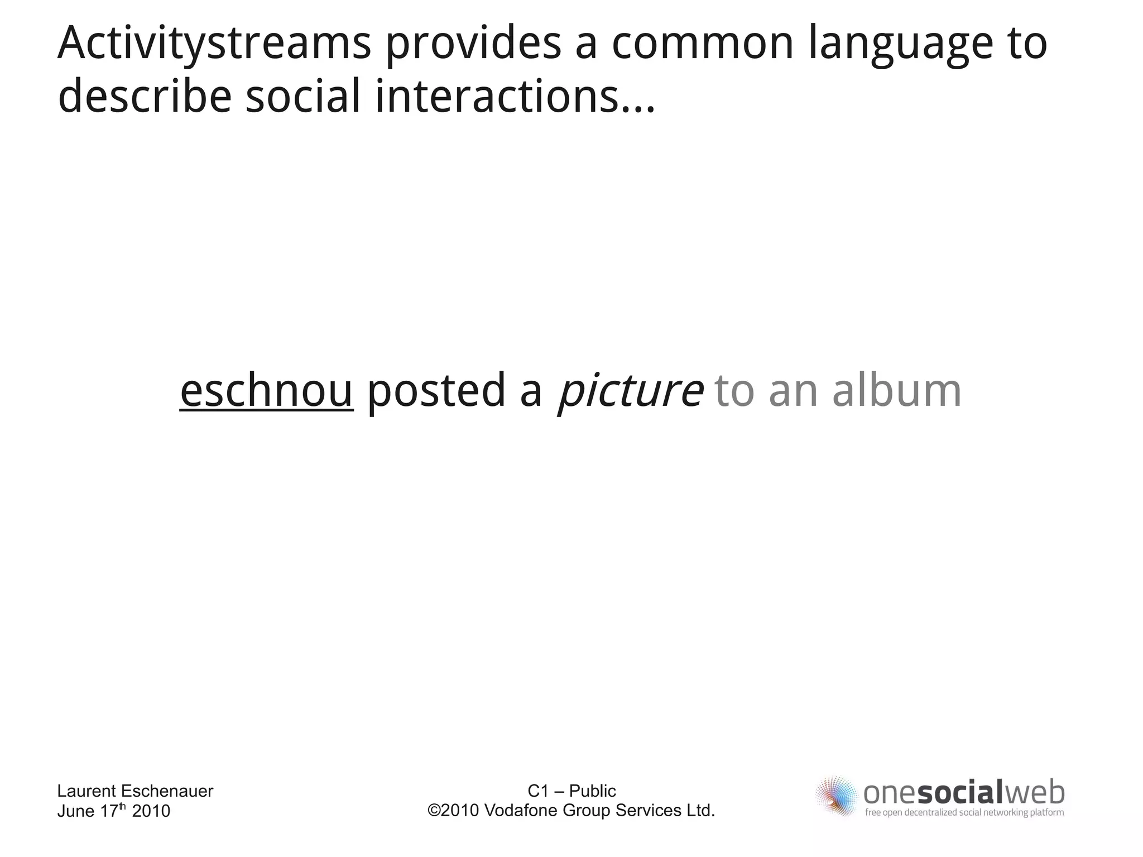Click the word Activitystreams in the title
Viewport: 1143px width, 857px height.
214,44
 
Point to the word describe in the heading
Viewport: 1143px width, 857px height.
145,96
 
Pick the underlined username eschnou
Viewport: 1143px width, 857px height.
266,390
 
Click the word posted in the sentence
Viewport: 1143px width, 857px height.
436,390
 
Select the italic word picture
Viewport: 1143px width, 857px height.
630,390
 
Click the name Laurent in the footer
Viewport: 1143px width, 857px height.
87,791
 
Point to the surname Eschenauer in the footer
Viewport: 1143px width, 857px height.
167,791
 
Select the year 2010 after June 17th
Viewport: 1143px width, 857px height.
151,811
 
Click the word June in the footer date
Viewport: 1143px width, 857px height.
76,811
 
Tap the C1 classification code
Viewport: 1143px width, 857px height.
538,791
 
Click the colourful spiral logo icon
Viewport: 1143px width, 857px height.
836,796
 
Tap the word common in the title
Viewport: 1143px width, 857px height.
703,44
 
